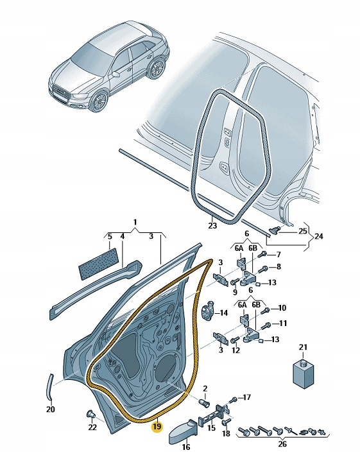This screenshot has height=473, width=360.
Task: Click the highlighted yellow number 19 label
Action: [x=157, y=426]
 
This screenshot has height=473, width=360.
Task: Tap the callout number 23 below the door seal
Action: [x=213, y=226]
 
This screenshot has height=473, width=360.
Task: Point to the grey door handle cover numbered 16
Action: [x=183, y=432]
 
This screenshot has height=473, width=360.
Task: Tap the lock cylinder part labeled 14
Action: [x=209, y=313]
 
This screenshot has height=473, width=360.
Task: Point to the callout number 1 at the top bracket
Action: [x=135, y=224]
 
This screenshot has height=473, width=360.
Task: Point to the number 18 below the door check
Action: [x=226, y=434]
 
